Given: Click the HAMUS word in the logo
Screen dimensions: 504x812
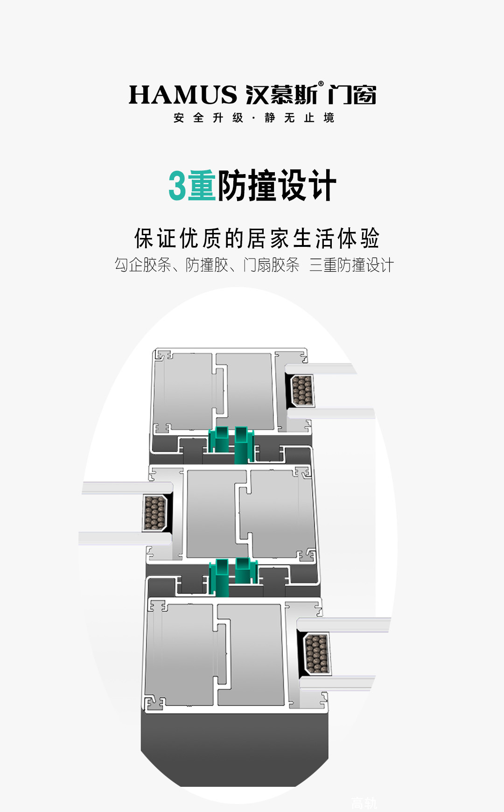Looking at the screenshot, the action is point(183,95).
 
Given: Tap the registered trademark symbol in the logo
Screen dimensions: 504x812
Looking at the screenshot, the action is point(321,84).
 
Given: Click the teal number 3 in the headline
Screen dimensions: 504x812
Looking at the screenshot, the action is point(177,186).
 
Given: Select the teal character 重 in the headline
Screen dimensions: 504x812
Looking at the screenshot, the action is point(202,186).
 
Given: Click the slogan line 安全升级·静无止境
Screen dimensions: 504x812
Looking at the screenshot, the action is point(254,118).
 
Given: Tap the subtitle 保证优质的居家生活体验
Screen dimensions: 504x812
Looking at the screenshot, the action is point(257,238).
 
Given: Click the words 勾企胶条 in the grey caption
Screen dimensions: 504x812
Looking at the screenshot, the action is point(143,265).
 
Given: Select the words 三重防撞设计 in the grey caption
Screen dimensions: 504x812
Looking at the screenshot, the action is point(351,265).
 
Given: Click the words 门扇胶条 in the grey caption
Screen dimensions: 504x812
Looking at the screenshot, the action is point(271,265).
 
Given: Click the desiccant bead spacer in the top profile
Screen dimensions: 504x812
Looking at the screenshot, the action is point(302,390).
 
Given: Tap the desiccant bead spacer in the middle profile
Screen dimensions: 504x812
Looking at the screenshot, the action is point(155,513).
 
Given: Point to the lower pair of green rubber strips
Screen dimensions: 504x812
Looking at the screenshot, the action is point(233,576).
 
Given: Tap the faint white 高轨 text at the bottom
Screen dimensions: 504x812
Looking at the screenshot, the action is point(364,803).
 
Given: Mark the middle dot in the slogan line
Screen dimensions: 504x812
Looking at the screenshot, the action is point(253,118).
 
